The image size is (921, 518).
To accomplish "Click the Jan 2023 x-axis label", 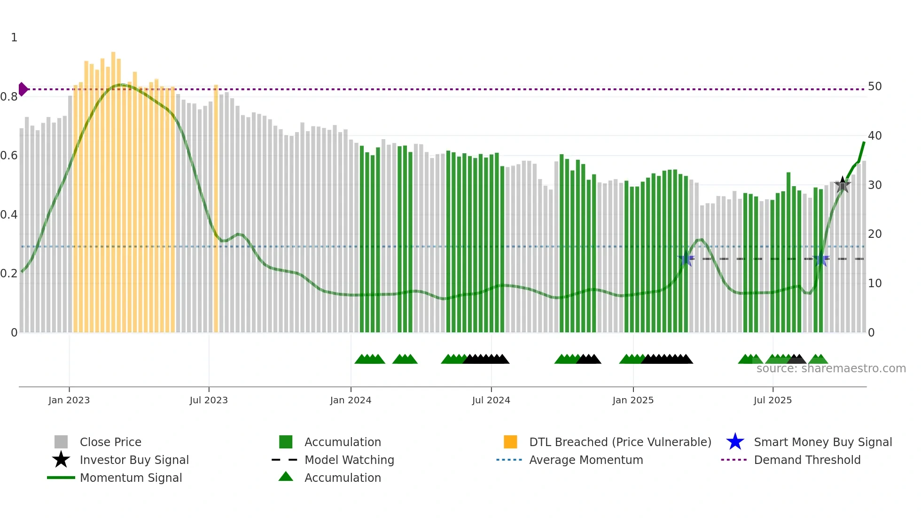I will coord(69,400).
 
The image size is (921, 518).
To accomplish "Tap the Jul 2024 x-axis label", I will coord(491,400).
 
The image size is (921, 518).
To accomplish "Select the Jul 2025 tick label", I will coord(773,400).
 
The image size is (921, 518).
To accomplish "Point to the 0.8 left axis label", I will coord(9,97).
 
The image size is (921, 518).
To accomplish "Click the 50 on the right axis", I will coord(874,86).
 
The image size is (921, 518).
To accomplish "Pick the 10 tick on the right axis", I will coord(874,283).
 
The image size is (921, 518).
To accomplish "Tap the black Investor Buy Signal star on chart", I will coord(843,185).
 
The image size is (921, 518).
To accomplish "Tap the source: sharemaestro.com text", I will coord(831,369).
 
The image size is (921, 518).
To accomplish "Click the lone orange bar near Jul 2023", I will coord(216,207).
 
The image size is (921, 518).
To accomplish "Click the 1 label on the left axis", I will coord(14,38).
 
